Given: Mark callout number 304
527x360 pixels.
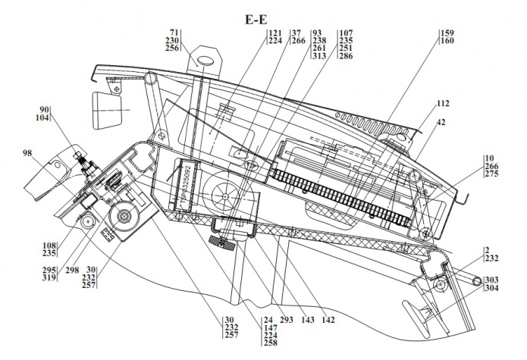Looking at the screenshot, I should [492, 288].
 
